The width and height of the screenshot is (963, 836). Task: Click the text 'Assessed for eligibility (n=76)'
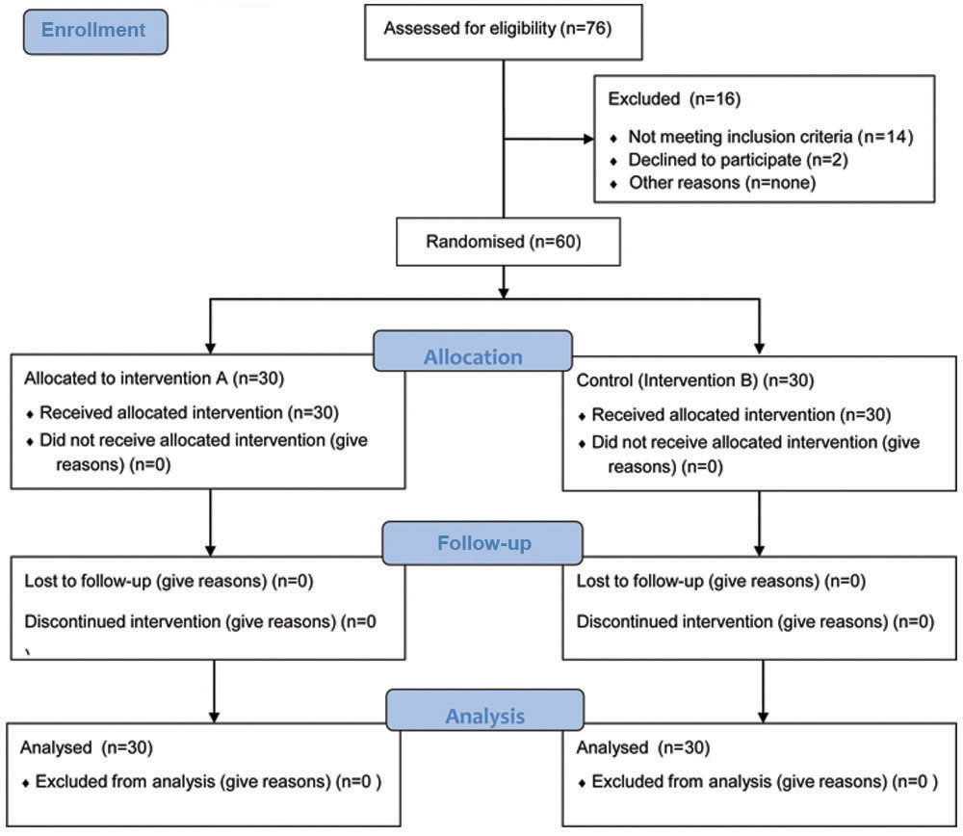click(x=498, y=28)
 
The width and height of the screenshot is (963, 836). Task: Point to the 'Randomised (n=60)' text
click(x=504, y=242)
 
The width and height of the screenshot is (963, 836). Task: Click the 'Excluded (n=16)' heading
click(x=674, y=99)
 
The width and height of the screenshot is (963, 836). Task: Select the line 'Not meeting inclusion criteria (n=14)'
click(x=770, y=137)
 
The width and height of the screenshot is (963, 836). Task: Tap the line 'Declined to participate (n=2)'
click(x=739, y=160)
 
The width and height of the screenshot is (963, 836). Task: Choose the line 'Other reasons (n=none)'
click(x=722, y=182)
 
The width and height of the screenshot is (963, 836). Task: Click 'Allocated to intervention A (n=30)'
click(x=154, y=379)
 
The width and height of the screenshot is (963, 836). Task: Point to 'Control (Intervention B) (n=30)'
click(x=695, y=380)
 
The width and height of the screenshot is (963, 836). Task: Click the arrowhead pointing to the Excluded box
click(x=588, y=139)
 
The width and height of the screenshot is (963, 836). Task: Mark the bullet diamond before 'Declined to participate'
click(x=613, y=162)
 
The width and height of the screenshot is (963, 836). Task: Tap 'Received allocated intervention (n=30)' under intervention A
click(x=189, y=413)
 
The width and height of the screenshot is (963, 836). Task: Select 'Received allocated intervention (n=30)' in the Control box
click(x=742, y=415)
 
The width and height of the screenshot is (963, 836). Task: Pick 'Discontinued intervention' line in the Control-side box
click(x=755, y=621)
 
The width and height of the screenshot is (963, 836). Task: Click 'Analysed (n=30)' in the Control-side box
click(x=643, y=747)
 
